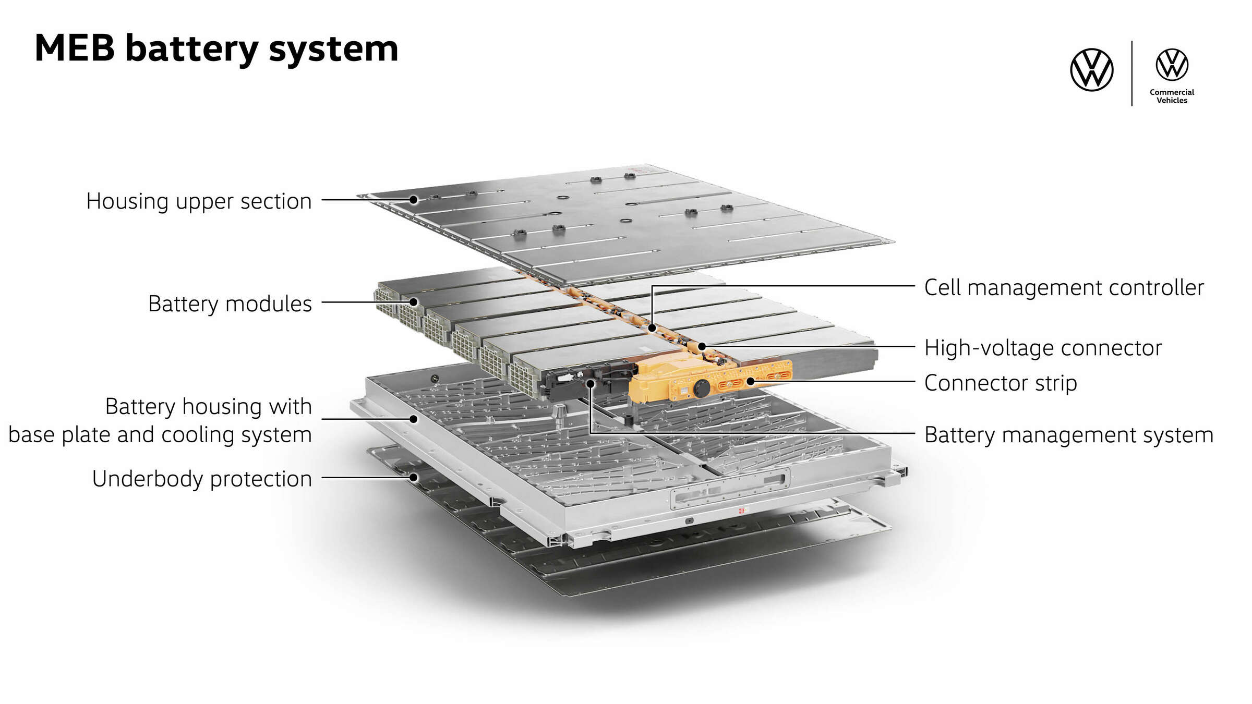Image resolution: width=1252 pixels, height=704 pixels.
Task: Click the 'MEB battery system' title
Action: pos(216,48)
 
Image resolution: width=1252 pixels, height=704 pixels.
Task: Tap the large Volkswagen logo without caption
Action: pos(1091,70)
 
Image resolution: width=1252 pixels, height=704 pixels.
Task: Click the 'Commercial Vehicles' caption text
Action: pos(1172,96)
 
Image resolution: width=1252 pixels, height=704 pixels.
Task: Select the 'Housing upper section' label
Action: pos(199,201)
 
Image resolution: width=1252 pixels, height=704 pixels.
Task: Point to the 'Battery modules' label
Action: pos(230,304)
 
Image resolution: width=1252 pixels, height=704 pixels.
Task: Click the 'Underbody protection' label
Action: pos(202,479)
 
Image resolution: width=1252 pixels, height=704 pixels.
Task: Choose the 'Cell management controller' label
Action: pos(1064,287)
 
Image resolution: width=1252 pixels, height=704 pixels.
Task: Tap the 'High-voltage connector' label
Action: pos(1043,348)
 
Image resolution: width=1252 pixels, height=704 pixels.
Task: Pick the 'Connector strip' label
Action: pos(1000,383)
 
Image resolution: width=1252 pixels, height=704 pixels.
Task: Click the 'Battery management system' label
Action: pos(1068,434)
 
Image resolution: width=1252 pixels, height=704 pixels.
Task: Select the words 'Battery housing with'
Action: pos(208,406)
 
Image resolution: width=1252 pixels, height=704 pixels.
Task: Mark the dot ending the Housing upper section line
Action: pos(413,200)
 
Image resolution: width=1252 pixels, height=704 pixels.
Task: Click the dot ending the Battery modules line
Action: pos(413,302)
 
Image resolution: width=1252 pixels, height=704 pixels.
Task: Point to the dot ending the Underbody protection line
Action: pos(413,477)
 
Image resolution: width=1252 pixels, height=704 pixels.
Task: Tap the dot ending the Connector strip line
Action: pos(750,381)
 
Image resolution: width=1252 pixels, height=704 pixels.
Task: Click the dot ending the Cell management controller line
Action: pos(652,328)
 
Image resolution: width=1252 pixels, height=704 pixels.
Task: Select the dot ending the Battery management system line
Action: pos(590,384)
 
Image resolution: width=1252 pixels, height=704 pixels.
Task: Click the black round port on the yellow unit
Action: pos(702,387)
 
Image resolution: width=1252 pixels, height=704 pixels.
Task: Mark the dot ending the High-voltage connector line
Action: pos(702,346)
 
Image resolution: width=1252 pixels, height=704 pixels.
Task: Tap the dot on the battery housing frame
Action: pos(413,419)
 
